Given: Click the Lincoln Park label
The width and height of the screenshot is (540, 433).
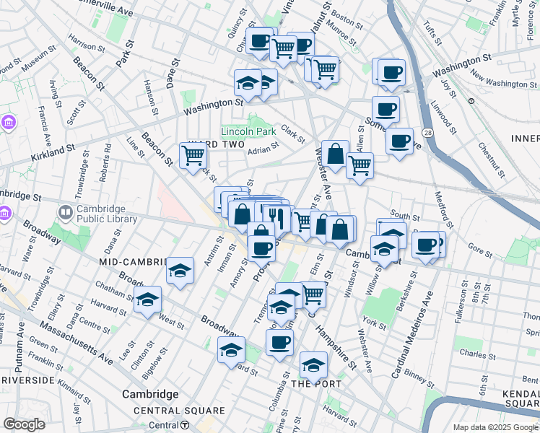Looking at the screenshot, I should coord(248,133).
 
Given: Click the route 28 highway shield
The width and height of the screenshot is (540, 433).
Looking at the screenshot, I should coord(428,134).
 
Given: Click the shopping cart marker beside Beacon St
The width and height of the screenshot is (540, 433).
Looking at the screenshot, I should coord(193,155).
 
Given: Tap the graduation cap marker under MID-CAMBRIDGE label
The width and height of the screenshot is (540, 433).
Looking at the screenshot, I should coord(180,271).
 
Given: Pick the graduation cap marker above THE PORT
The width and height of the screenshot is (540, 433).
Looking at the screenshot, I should coord(313,365).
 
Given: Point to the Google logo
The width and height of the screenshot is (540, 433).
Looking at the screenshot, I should coord(24,424).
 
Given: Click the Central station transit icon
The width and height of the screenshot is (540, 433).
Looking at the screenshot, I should coord(186,425).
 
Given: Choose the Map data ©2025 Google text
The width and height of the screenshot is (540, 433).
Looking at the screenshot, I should coord(495,427).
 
